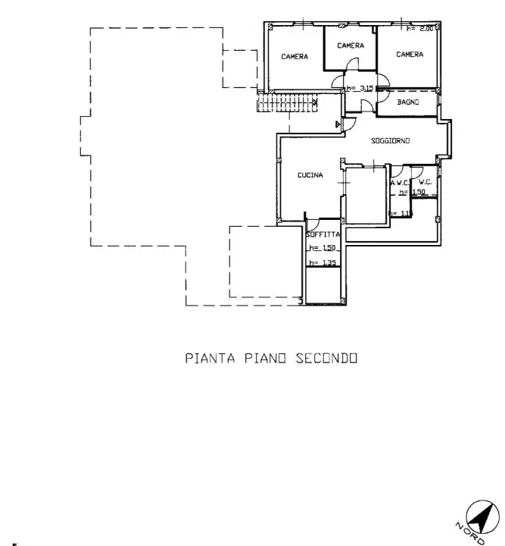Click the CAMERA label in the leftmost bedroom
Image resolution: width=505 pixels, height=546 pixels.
tap(295, 57)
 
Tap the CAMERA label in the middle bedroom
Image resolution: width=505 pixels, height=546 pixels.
tap(351, 45)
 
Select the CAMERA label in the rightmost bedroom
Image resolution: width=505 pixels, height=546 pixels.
tap(410, 55)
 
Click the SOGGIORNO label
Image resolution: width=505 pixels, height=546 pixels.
tap(391, 142)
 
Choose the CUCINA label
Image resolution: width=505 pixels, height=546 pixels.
tap(310, 175)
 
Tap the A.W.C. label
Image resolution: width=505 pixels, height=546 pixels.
tap(399, 183)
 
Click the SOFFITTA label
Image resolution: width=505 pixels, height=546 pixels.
tap(323, 235)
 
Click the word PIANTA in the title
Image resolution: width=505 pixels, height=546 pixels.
tap(211, 358)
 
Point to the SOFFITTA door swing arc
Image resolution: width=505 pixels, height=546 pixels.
tap(312, 223)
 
